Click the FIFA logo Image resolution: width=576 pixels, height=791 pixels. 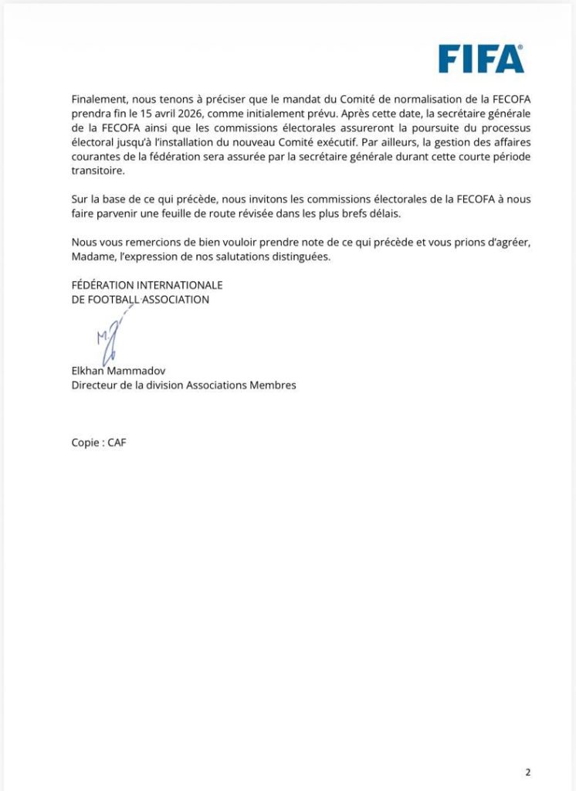pos(481,59)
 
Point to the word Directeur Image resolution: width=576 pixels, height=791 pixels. pos(95,385)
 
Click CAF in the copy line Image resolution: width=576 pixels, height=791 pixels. pos(117,443)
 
